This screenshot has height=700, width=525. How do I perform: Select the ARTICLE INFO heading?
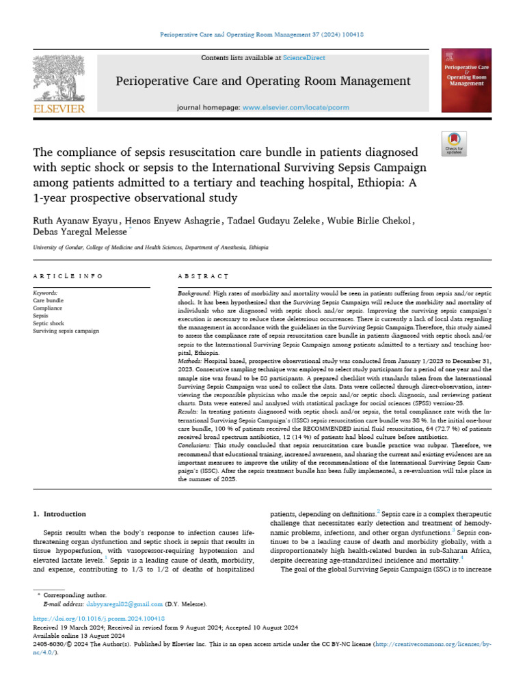(68, 276)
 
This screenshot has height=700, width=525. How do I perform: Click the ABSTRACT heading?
(202, 276)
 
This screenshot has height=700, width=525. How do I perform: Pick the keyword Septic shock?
(48, 323)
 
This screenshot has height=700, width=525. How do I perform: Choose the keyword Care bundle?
(48, 300)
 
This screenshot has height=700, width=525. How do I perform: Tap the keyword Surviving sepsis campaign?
(66, 331)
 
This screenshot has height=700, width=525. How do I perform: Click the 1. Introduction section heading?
(60, 513)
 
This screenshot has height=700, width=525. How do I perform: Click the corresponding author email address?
(124, 604)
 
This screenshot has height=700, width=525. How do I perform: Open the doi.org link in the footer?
(99, 618)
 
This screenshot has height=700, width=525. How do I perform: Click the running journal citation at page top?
(262, 34)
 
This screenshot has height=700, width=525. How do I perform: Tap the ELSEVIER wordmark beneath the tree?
(59, 108)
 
